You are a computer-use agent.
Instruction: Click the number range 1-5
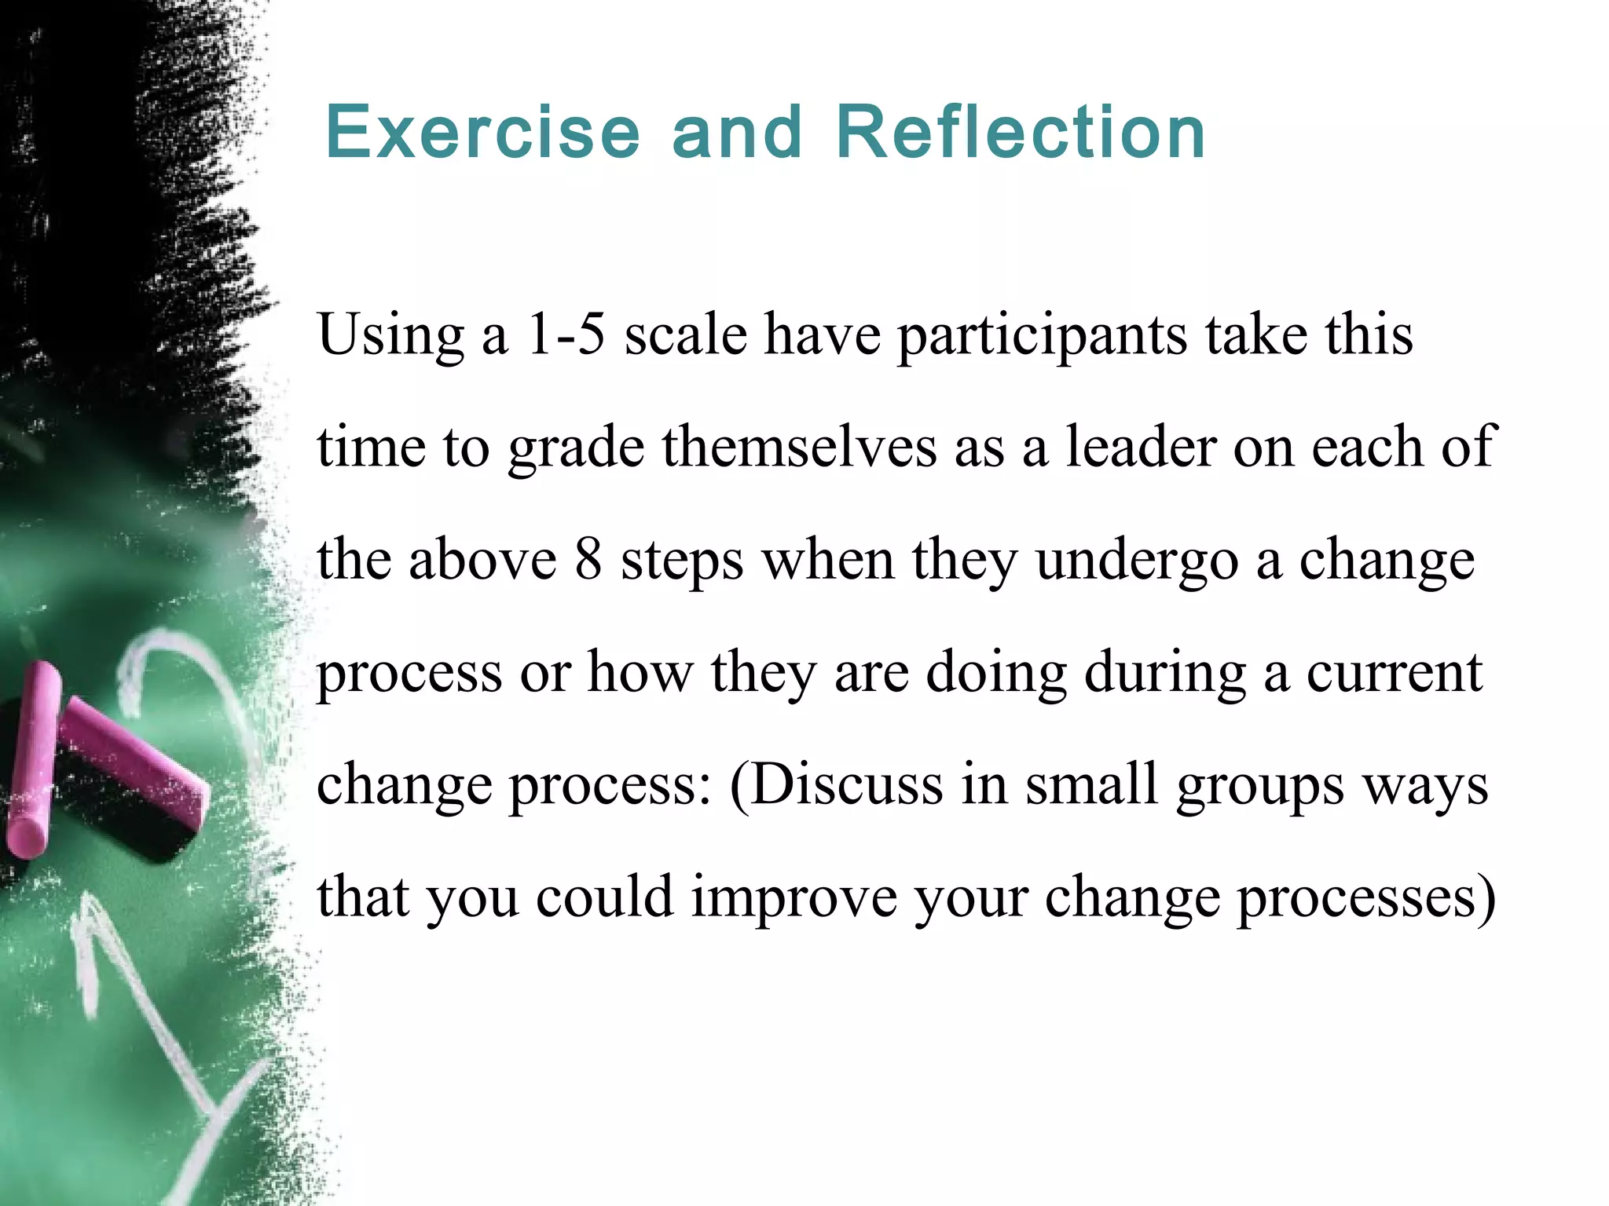pyautogui.click(x=566, y=334)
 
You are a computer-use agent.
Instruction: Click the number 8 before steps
pyautogui.click(x=588, y=560)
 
